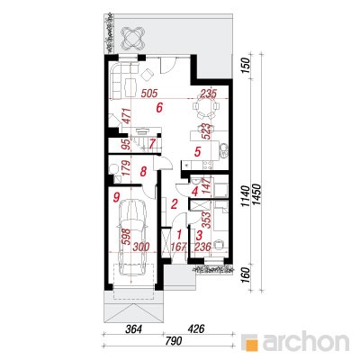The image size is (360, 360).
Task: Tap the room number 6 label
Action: (x=159, y=107)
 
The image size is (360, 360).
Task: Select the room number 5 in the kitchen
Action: (x=197, y=151)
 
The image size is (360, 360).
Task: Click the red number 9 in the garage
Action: (x=116, y=197)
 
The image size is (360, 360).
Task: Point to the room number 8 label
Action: (x=143, y=172)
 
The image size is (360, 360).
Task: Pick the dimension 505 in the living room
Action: (x=148, y=94)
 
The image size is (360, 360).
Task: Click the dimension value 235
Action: (x=208, y=94)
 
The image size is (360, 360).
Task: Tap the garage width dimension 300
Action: (x=140, y=247)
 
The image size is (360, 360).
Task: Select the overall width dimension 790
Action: (x=174, y=341)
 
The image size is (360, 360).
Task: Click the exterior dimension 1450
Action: (x=257, y=195)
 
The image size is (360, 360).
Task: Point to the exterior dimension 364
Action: (x=133, y=329)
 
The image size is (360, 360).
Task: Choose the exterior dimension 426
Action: (x=195, y=329)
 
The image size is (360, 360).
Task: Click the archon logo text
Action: (x=305, y=342)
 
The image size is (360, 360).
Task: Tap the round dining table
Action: (x=206, y=106)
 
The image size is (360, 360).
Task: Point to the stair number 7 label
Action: (x=152, y=144)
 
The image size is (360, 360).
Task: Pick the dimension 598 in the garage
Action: (x=126, y=237)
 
